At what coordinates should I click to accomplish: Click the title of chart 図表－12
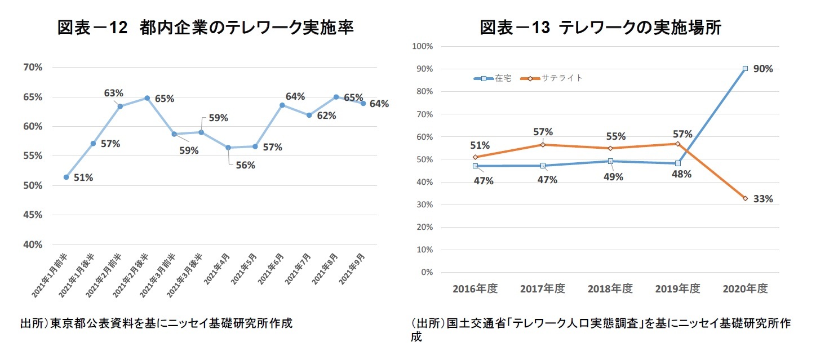[205, 28]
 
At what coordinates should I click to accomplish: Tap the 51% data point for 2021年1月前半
[66, 177]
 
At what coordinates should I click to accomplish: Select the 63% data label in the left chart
[114, 93]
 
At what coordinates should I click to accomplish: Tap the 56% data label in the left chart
[246, 165]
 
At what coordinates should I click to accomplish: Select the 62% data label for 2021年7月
[326, 116]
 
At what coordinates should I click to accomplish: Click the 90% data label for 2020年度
[764, 69]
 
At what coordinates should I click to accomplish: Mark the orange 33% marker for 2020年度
[745, 198]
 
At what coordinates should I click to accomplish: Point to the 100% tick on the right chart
[422, 46]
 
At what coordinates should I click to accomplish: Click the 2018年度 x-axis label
[610, 288]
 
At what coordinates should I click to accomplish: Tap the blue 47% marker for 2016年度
[475, 166]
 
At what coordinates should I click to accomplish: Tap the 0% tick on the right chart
[426, 273]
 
